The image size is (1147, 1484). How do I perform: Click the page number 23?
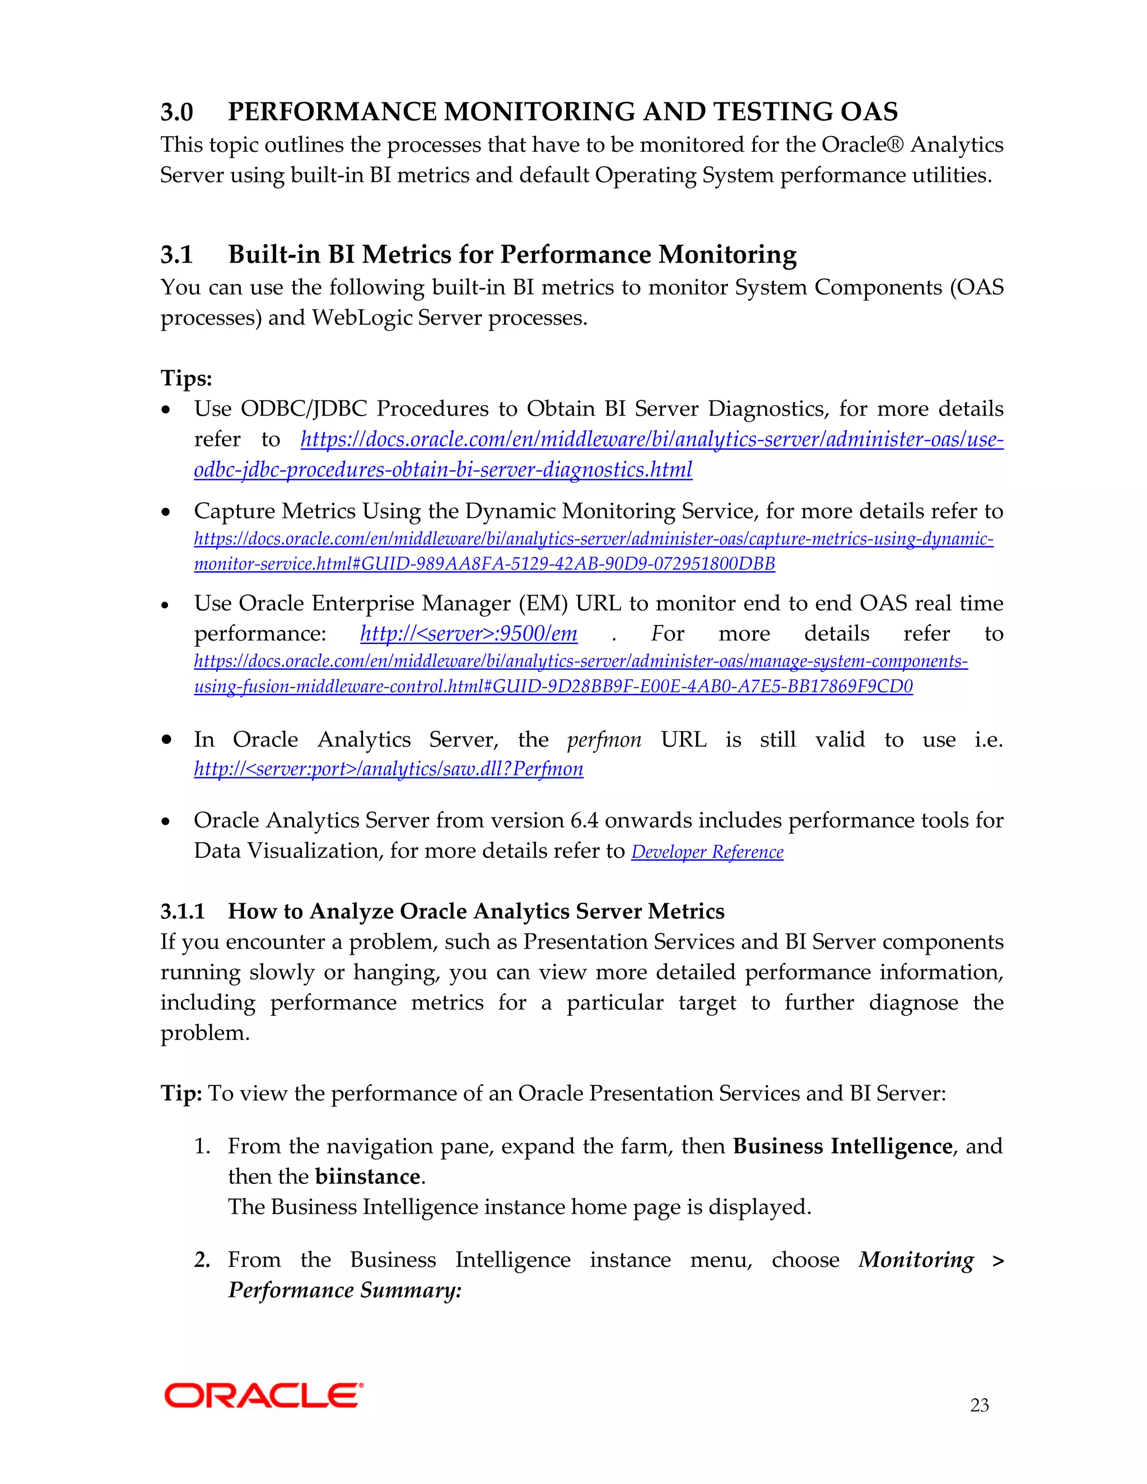click(x=979, y=1404)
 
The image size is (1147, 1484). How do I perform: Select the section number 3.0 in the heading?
click(x=176, y=112)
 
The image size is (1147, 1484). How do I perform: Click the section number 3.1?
click(x=176, y=255)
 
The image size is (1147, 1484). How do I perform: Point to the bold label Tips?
click(x=186, y=378)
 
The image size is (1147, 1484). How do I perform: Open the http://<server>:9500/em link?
click(x=469, y=634)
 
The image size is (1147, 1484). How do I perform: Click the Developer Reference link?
click(x=707, y=852)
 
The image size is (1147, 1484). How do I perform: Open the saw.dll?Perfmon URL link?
click(x=389, y=769)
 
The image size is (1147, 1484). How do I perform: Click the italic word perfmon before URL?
click(x=603, y=740)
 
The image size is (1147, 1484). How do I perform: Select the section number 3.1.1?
click(x=182, y=911)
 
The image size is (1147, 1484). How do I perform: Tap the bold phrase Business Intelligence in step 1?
click(x=842, y=1146)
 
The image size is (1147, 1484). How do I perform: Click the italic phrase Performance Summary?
click(x=344, y=1290)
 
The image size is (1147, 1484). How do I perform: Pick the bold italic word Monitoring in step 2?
click(x=915, y=1260)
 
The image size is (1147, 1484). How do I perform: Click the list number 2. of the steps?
click(x=202, y=1261)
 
